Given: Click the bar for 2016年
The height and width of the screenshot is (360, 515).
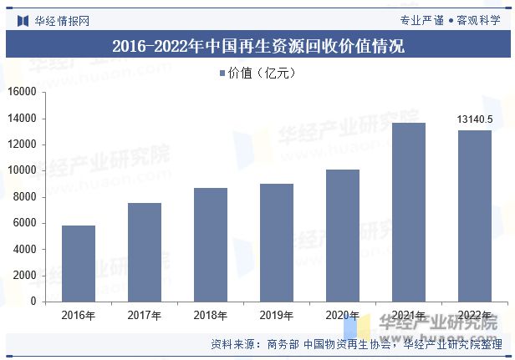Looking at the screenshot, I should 79,263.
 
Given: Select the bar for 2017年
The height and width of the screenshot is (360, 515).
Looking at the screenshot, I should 145,251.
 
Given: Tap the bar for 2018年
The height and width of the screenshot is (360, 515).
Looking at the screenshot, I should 211,244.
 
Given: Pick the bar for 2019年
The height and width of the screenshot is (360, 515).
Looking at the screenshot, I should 277,242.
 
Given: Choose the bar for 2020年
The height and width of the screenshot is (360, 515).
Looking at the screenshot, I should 343,235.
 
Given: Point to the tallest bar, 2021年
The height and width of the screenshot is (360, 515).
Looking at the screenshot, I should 409,211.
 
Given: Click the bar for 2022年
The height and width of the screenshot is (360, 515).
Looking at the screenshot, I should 475,215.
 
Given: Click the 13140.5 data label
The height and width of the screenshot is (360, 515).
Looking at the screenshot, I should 475,119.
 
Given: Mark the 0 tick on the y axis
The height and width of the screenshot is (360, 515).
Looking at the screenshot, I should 33,302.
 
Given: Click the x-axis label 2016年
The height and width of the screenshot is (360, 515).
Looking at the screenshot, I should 79,316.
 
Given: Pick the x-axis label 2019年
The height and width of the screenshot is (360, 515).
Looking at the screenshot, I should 277,316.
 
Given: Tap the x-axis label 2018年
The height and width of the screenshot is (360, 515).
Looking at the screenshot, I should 211,316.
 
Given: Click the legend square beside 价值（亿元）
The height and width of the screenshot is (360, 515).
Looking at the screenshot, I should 222,74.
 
